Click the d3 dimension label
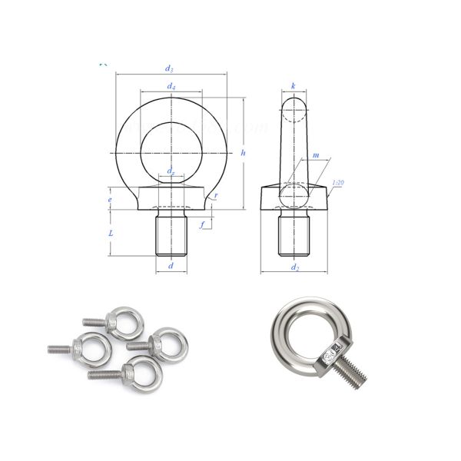(171, 70)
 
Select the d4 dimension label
(171, 86)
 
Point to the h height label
(243, 153)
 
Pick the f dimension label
(201, 225)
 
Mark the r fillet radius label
(216, 196)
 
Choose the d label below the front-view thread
(171, 266)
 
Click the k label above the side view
(294, 86)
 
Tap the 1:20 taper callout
(337, 182)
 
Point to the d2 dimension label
(294, 267)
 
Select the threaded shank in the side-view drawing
(294, 234)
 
